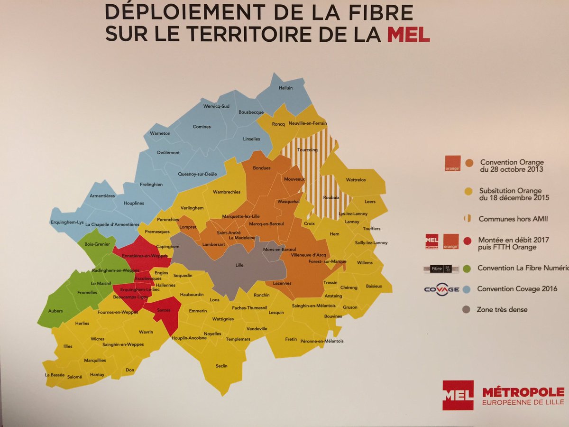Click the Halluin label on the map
tap(286, 88)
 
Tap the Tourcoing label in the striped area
tap(307, 149)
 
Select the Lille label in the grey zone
tap(239, 265)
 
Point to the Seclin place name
tap(221, 366)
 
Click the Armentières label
tap(102, 195)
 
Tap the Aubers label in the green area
tap(55, 311)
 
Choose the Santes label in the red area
tap(164, 309)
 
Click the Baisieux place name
tap(374, 287)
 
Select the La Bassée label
tap(54, 375)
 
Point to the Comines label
tap(202, 127)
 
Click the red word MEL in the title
tap(408, 34)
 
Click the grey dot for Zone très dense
tap(467, 310)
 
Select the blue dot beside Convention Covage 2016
tap(467, 289)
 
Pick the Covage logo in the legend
tap(441, 289)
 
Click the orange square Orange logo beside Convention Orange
tap(452, 163)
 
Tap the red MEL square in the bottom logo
tap(458, 395)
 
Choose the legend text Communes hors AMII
tap(507, 219)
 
